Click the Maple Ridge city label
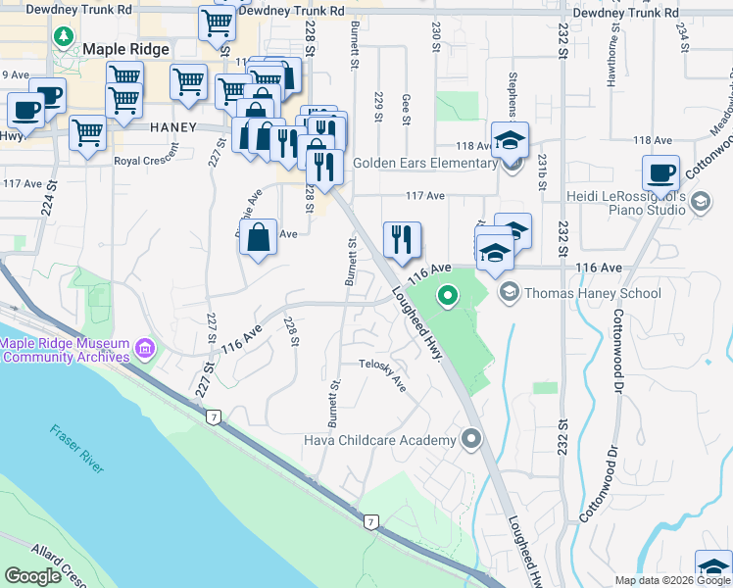pos(127,49)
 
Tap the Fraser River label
pos(77,449)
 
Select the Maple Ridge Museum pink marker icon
pos(145,349)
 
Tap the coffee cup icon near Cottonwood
pos(661,172)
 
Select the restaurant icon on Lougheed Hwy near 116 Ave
pos(402,238)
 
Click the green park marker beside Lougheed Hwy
pos(448,294)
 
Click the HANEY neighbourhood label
pos(174,127)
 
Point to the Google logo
pos(33,576)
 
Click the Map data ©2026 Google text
pos(671,580)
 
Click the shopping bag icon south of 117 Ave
pos(258,238)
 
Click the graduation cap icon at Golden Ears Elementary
pos(510,139)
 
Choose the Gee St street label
pos(406,109)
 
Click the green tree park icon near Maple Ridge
pos(65,37)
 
